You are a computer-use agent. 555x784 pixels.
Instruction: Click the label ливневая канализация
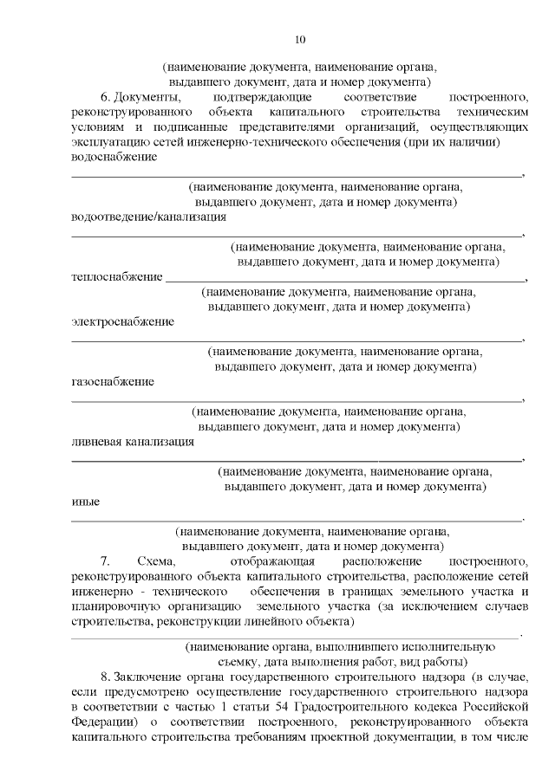point(133,441)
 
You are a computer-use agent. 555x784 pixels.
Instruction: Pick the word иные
point(85,502)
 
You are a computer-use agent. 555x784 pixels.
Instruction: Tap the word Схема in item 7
point(153,561)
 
